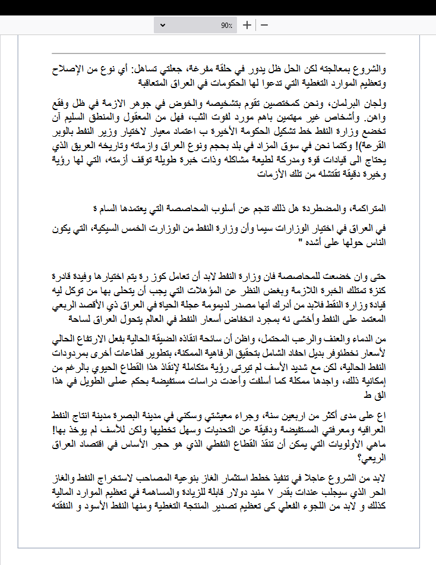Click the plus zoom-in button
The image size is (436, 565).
tap(247, 25)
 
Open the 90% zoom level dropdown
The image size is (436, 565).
tap(196, 25)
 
